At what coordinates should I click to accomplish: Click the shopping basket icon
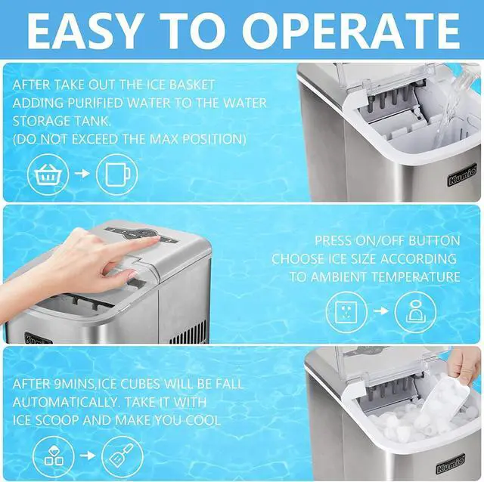[48, 175]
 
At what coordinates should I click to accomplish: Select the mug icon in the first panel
[116, 175]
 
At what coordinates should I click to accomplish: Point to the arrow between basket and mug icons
[82, 174]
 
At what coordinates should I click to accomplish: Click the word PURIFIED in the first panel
[95, 103]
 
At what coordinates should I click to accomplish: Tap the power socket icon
[346, 312]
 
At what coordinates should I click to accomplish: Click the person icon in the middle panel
[415, 312]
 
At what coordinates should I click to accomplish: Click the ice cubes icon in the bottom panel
[54, 456]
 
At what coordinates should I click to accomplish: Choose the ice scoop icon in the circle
[123, 456]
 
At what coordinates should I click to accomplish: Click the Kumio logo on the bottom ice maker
[451, 464]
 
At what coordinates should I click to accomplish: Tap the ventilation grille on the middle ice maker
[189, 333]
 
